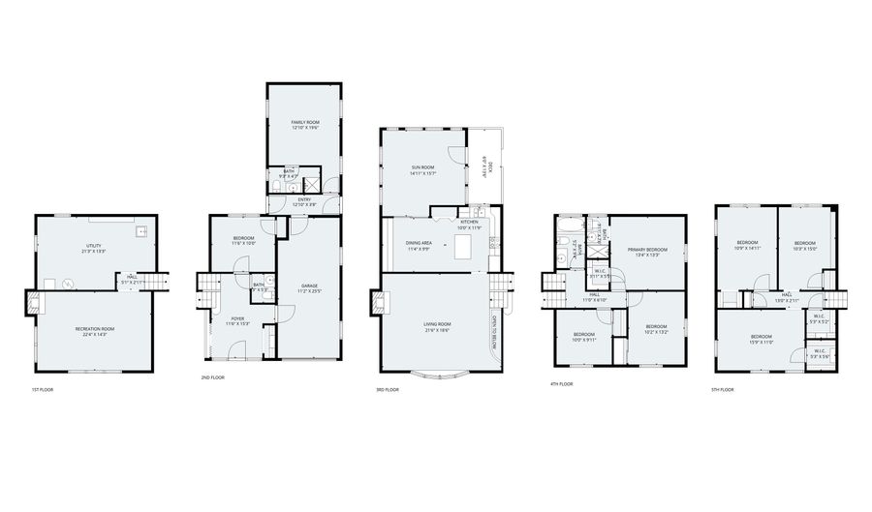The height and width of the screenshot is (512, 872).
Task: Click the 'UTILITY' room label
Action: pos(94,246)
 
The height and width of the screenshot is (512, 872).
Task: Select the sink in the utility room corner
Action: pos(141,231)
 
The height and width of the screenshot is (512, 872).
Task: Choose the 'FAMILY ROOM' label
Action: pos(305,122)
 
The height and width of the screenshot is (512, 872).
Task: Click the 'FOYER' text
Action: pos(237,318)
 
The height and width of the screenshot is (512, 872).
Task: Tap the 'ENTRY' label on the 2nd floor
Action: pos(304,199)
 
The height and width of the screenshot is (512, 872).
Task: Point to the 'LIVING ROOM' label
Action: pos(438,324)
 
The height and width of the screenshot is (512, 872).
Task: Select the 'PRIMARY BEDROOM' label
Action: pos(646,250)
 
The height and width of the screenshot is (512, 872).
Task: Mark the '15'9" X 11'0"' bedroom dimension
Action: pos(761,341)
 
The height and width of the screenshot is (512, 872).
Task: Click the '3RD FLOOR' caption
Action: pos(388,390)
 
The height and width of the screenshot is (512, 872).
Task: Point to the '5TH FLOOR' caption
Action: pos(722,389)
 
